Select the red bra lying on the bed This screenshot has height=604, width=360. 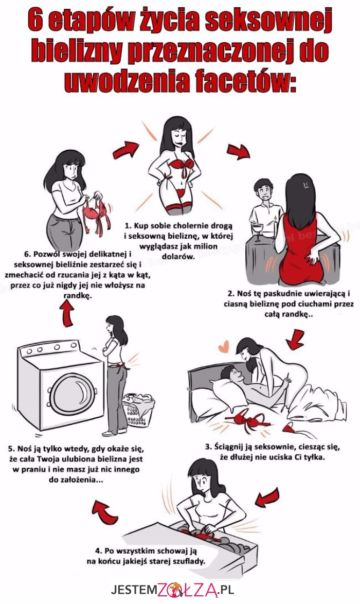(248, 420)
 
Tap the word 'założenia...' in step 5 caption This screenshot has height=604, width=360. (81, 480)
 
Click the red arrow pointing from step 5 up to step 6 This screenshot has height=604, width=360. (68, 313)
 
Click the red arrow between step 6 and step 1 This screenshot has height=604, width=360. (125, 150)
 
